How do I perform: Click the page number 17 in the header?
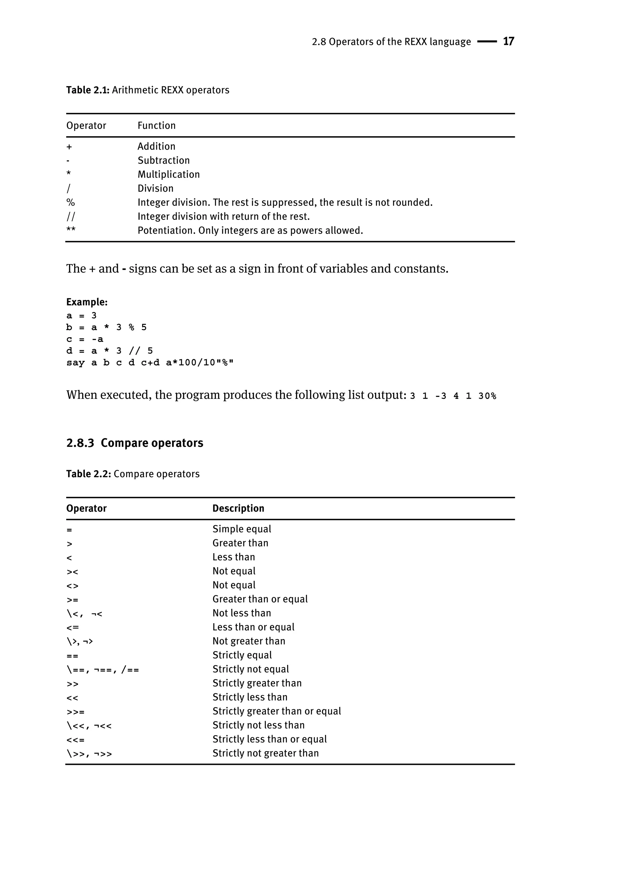tap(508, 41)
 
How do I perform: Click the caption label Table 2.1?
tap(88, 90)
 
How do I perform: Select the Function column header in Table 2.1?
tap(156, 125)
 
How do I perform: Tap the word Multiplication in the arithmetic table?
tap(168, 174)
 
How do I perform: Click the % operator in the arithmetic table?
tap(70, 202)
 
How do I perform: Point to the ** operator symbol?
tap(71, 230)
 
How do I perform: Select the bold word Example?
tap(87, 302)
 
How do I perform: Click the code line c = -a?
tap(85, 339)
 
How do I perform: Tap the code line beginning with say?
tap(150, 363)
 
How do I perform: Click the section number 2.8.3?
tap(80, 443)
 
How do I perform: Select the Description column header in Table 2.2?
tap(238, 509)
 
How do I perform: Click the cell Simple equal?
tap(242, 529)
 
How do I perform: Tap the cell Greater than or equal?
tap(260, 599)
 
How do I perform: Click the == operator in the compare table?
tap(72, 656)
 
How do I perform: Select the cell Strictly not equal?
tap(251, 669)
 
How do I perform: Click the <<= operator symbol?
tap(75, 739)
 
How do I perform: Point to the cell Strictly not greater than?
tap(266, 753)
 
